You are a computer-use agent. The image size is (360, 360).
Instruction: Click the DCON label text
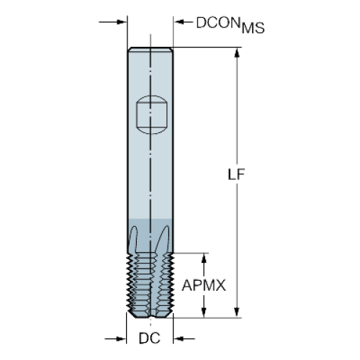pos(218,23)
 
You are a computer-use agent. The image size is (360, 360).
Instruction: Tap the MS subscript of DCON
pos(253,28)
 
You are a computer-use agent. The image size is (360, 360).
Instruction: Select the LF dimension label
pos(236,174)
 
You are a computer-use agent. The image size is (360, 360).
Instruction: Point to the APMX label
pos(204,285)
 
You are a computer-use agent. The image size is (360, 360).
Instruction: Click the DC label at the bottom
pos(149,338)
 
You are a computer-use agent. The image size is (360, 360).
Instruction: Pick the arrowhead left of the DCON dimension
pos(121,22)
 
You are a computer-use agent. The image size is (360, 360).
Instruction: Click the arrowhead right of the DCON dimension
pos(179,22)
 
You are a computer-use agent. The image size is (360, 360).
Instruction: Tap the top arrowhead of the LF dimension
pos(237,53)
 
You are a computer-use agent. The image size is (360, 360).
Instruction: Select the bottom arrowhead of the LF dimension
pos(237,312)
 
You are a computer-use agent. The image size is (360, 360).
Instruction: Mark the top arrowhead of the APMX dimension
pos(204,258)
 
